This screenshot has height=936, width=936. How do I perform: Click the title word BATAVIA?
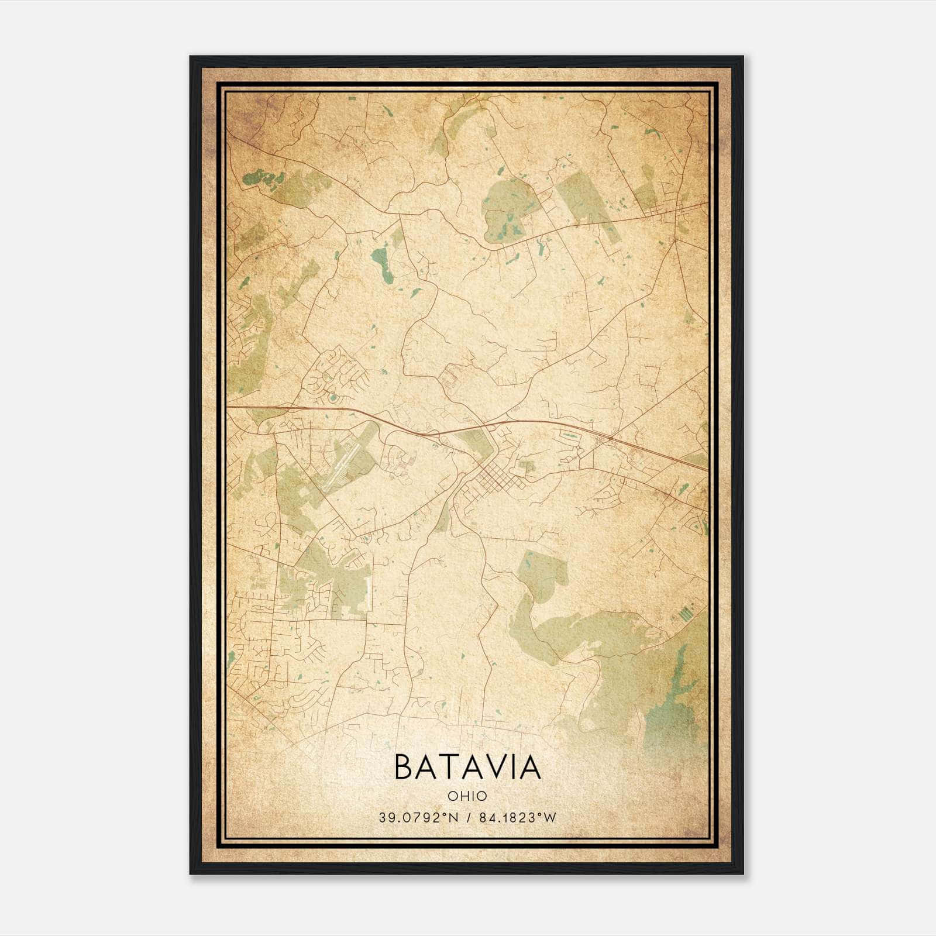click(x=467, y=767)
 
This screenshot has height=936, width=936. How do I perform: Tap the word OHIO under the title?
click(x=467, y=796)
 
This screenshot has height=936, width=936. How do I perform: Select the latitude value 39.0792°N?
click(x=416, y=817)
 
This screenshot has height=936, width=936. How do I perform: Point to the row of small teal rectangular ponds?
click(x=685, y=614)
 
